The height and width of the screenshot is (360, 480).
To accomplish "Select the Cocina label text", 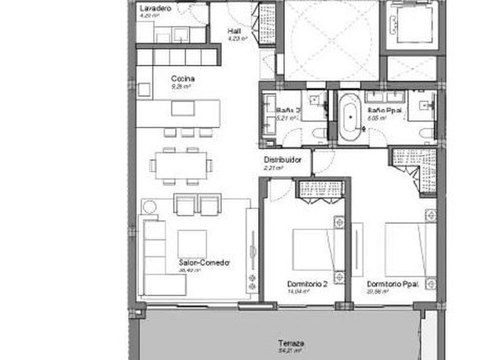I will [183, 79].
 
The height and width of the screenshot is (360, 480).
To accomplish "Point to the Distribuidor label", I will [282, 160].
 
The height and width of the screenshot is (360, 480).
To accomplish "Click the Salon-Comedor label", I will [204, 263].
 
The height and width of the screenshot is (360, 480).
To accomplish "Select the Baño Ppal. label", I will [381, 110].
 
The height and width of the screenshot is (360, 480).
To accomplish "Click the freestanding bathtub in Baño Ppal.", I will [350, 115].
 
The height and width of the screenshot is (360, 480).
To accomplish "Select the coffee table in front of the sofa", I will [192, 244].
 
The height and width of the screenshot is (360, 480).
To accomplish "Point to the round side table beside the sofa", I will [149, 206].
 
